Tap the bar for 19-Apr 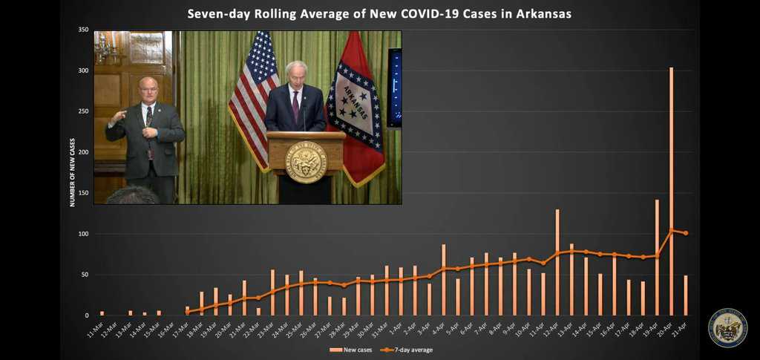tap(657, 257)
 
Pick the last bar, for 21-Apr tap(686, 295)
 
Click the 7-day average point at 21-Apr tap(686, 233)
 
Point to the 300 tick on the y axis tap(83, 71)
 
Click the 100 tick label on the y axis tap(83, 234)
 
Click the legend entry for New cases tap(352, 350)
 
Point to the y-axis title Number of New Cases tap(73, 171)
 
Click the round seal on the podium tap(306, 161)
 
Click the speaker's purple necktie tap(295, 107)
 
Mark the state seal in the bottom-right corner tap(727, 328)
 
